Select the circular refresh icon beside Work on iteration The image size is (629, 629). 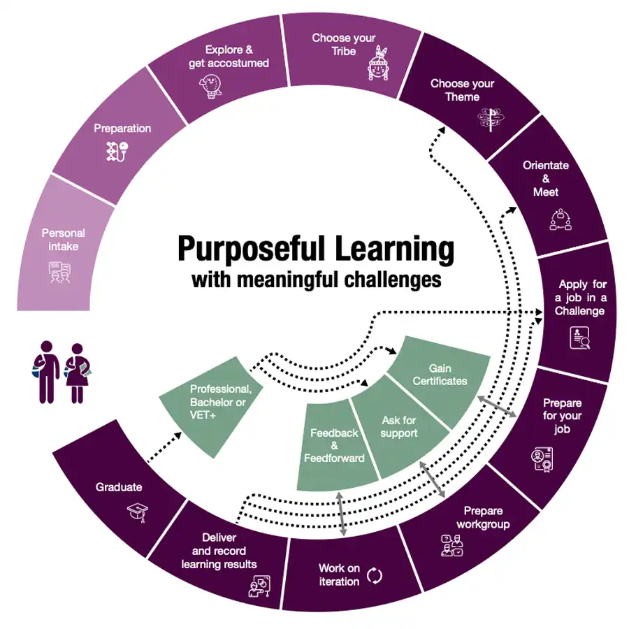pyautogui.click(x=375, y=575)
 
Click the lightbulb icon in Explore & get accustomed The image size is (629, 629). pyautogui.click(x=215, y=88)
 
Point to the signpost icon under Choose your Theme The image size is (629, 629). pyautogui.click(x=489, y=119)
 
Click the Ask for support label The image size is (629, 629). pyautogui.click(x=400, y=426)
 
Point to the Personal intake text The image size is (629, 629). pyautogui.click(x=64, y=240)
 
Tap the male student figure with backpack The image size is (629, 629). pyautogui.click(x=45, y=371)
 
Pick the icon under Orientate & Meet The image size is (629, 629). pyautogui.click(x=561, y=219)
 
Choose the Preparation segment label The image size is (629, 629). pyautogui.click(x=122, y=129)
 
